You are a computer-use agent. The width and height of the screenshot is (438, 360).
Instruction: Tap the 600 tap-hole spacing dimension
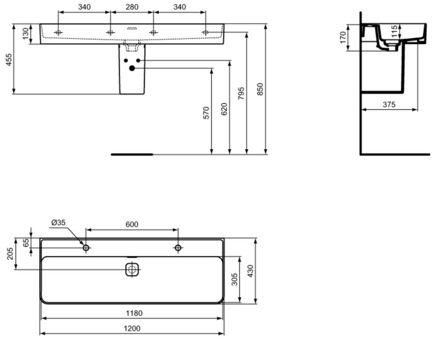pos(132,224)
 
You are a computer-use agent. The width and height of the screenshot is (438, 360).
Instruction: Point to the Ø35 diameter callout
pos(58,222)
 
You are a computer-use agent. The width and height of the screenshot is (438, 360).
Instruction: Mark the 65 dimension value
pos(26,242)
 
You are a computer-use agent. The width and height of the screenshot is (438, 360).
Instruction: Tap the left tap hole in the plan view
pos(86,247)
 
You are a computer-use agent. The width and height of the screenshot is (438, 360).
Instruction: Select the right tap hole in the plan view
pos(178,247)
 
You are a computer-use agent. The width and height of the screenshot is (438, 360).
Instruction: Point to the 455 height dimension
pos(8,59)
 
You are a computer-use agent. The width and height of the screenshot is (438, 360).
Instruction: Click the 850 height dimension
pos(260,90)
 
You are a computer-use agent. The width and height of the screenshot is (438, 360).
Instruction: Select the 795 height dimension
pos(242,93)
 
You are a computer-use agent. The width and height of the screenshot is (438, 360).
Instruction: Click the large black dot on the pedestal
pos(132,69)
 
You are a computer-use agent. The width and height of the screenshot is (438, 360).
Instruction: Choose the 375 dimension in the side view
pos(389,105)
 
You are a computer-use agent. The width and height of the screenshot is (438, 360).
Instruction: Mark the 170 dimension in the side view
pos(342,38)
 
